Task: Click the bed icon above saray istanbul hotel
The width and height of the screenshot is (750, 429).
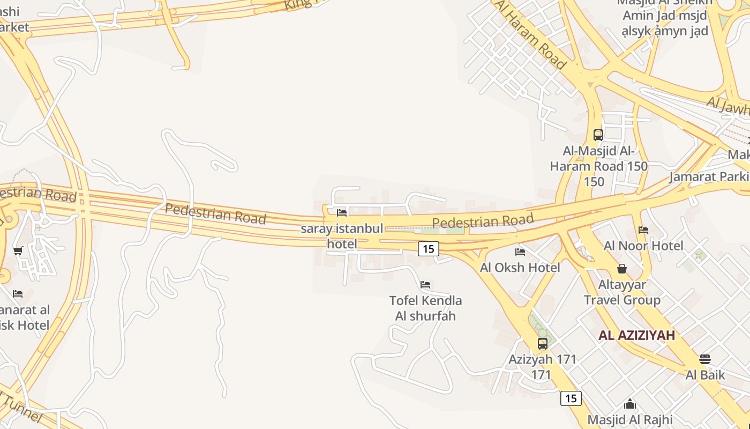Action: click(x=342, y=213)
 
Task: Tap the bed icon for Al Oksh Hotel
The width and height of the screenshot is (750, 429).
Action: click(x=520, y=252)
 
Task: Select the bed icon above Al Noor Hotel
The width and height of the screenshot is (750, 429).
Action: click(x=643, y=230)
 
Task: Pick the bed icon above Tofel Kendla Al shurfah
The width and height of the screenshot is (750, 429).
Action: click(x=425, y=284)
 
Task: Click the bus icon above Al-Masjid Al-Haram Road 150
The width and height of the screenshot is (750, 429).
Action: click(x=598, y=135)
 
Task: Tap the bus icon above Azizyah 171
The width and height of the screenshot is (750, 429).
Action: click(x=543, y=343)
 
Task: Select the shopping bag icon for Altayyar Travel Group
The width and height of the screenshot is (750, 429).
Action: click(x=622, y=268)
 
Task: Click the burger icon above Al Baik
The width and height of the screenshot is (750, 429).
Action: click(x=705, y=359)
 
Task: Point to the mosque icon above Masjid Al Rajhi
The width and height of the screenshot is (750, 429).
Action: click(x=630, y=403)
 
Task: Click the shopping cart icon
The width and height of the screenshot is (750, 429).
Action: click(x=18, y=250)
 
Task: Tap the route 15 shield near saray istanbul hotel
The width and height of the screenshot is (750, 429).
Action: click(x=428, y=248)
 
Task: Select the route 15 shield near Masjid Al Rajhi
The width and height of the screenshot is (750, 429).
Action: click(x=571, y=398)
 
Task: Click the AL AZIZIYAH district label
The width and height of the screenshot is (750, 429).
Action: click(x=636, y=336)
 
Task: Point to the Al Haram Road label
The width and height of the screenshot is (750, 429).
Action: click(x=530, y=35)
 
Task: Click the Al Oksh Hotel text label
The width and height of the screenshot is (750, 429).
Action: click(x=520, y=267)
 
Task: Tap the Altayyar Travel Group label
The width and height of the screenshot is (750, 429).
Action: click(x=622, y=292)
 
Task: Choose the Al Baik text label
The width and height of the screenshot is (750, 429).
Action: click(x=705, y=374)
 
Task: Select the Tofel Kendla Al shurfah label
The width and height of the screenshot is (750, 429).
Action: click(x=425, y=308)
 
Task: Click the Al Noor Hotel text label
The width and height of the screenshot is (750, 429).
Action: click(x=643, y=246)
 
